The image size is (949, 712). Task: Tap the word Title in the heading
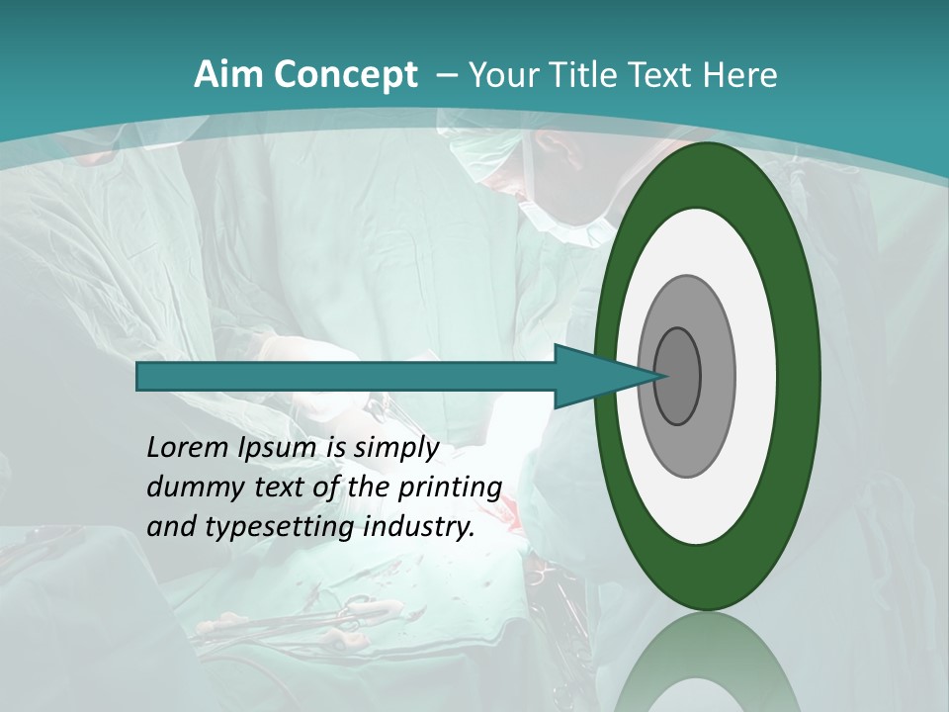pos(588,75)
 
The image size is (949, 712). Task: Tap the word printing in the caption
pos(450,488)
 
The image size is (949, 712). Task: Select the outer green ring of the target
pos(707,173)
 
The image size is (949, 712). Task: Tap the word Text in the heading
pos(664,75)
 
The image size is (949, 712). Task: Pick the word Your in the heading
pos(504,75)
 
